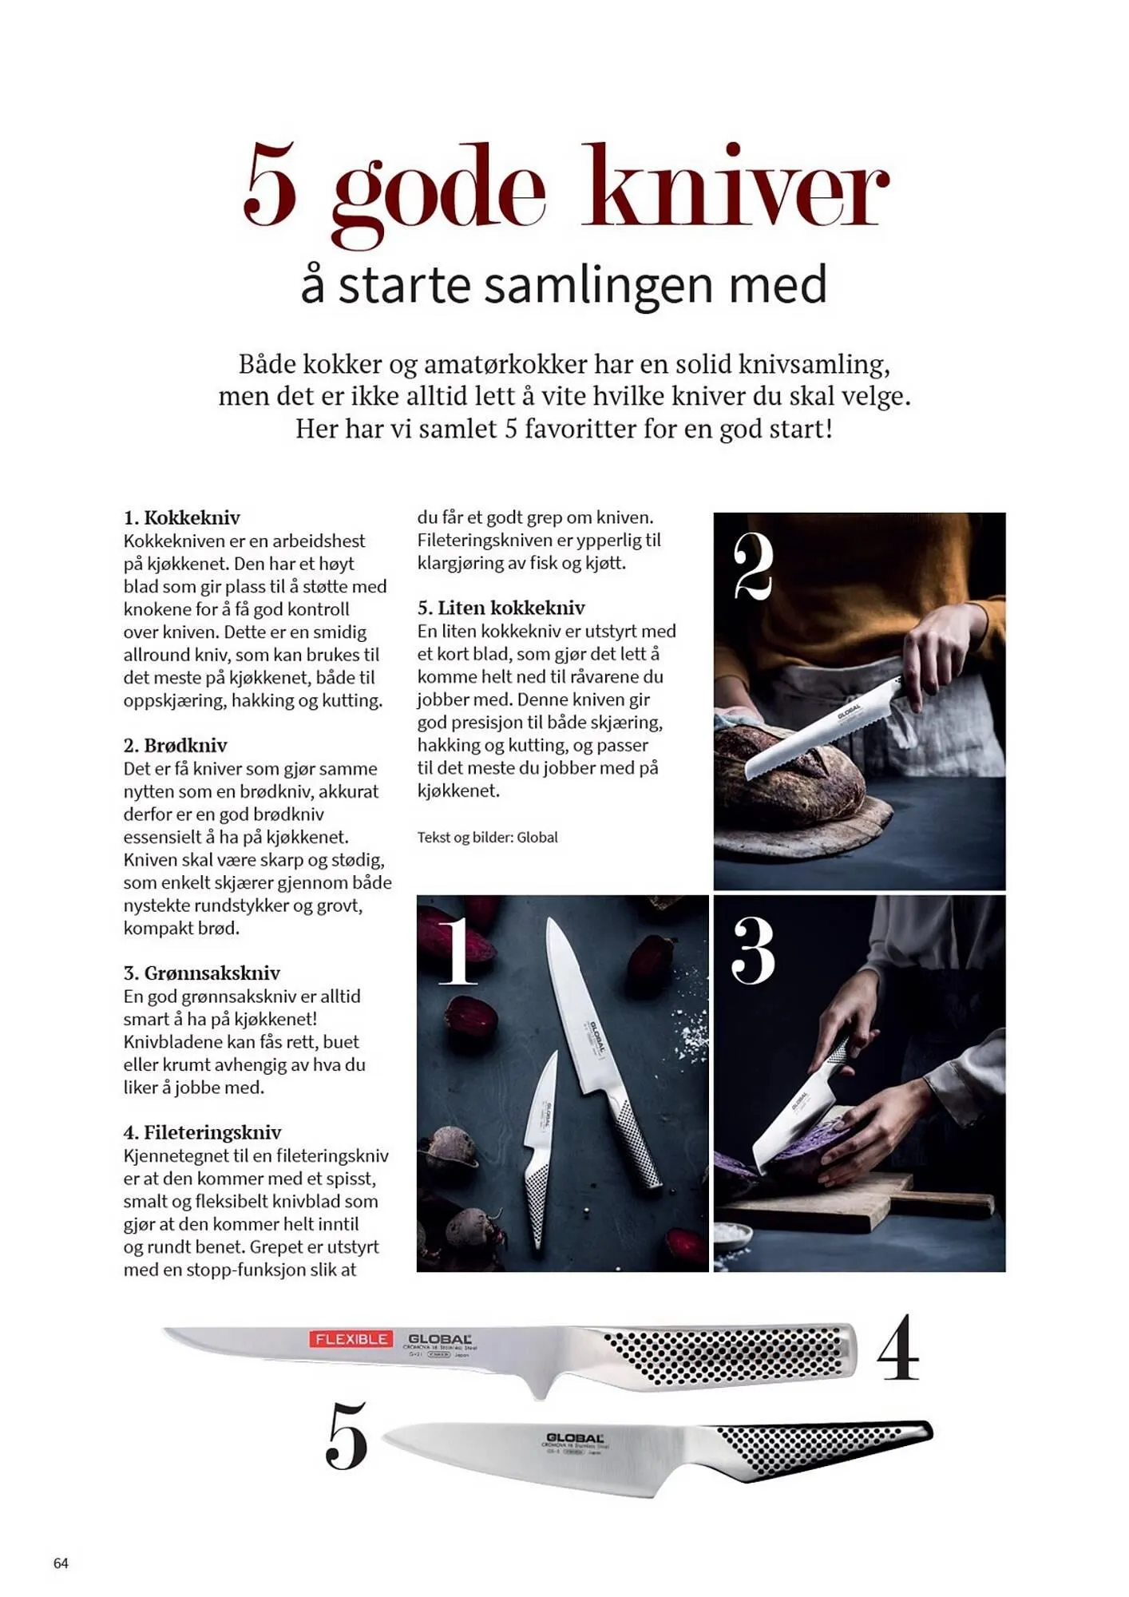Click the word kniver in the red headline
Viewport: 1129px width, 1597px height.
[x=736, y=188]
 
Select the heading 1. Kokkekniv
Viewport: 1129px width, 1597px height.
[x=182, y=517]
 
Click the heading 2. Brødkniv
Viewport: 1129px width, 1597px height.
[x=176, y=745]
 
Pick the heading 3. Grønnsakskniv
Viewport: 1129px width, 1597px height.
[x=202, y=973]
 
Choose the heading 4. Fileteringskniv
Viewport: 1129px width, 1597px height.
[x=203, y=1131]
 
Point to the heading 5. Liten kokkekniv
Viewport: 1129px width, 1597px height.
[x=501, y=607]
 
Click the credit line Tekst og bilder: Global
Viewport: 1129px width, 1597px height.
[x=487, y=837]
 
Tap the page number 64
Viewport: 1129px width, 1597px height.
[x=61, y=1563]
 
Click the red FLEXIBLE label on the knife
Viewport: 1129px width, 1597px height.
[x=351, y=1338]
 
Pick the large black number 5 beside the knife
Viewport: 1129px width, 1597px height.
[x=347, y=1435]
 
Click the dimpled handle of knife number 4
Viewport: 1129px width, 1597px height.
[x=727, y=1357]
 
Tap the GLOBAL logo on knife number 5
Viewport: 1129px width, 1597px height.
[x=575, y=1437]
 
